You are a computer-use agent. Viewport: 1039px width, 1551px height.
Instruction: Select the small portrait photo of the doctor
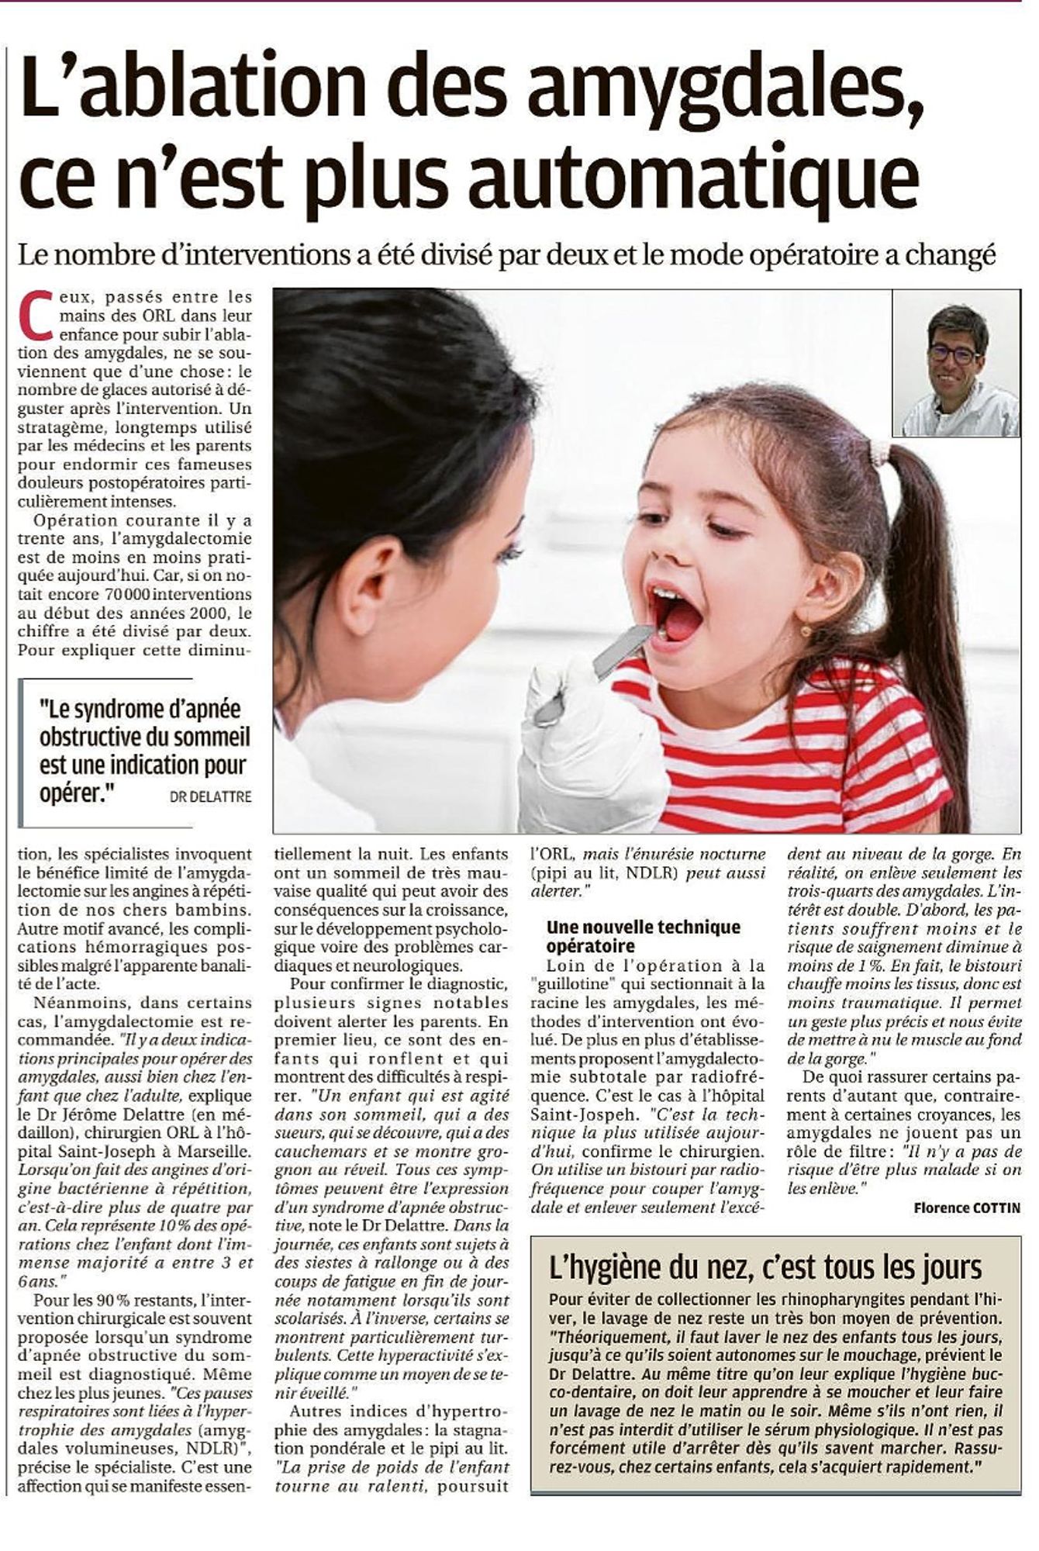pos(956,362)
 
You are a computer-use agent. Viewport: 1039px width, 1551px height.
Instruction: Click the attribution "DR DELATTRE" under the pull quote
pos(210,797)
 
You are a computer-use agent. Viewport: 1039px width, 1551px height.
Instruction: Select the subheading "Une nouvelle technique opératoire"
pos(642,936)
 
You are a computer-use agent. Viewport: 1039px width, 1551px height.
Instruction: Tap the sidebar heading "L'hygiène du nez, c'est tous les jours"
pos(765,1266)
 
